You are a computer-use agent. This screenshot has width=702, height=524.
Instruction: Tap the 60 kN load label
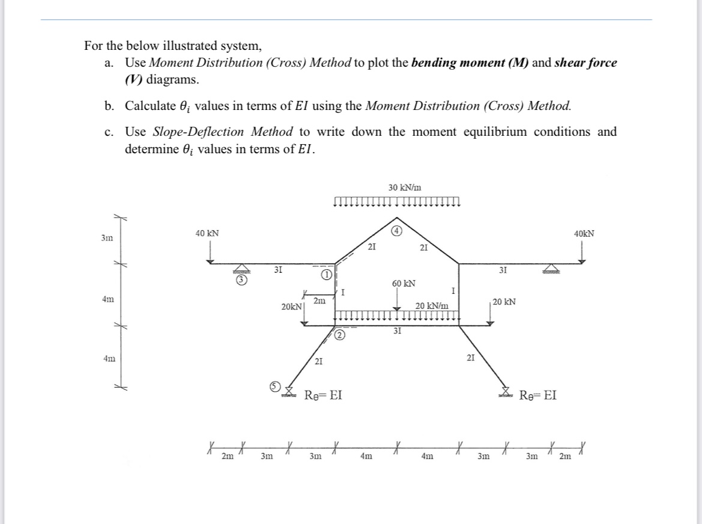click(x=404, y=282)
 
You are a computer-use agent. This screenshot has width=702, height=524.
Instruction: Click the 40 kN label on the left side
click(x=207, y=233)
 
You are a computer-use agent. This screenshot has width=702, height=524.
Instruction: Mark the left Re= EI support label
click(x=324, y=395)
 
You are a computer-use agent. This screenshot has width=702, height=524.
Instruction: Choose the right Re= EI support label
click(x=537, y=395)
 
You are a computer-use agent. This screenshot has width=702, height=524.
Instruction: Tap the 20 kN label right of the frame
click(x=504, y=302)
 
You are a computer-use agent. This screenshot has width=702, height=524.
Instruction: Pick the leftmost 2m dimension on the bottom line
click(x=227, y=456)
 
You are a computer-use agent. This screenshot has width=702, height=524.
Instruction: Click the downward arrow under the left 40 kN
click(x=211, y=252)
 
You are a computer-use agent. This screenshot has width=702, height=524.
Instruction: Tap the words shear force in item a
click(x=586, y=62)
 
